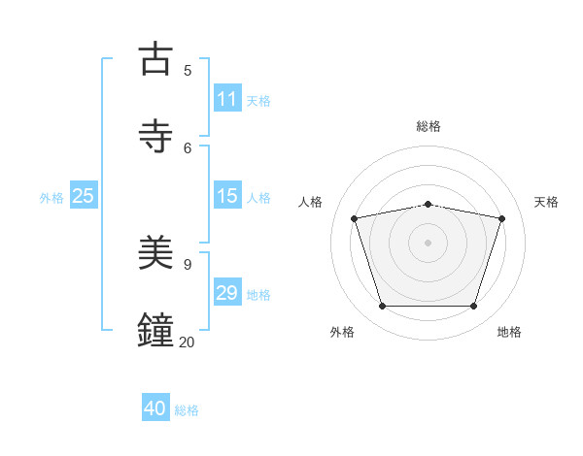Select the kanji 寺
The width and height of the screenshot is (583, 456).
coord(156,135)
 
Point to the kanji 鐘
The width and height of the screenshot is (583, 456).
coord(156,329)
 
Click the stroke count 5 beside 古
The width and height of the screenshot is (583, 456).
coord(188,70)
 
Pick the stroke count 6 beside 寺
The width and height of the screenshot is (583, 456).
coord(188,147)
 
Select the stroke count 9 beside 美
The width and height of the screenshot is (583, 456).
coord(188,264)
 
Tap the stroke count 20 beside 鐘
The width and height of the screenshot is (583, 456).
coord(188,342)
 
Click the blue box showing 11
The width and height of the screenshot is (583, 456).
coord(226,99)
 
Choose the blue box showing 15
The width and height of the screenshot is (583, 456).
coord(226,196)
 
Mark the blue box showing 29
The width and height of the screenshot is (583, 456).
coord(226,293)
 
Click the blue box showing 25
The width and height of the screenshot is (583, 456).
coord(83,196)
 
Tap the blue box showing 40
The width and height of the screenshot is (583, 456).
coord(155,408)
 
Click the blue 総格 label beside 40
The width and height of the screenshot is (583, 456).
coord(187,410)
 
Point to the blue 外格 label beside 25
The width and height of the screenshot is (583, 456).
coord(51,198)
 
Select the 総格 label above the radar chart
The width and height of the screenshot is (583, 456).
coord(429,126)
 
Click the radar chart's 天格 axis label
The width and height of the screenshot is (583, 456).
coord(546,202)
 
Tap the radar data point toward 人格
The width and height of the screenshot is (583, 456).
coord(355,218)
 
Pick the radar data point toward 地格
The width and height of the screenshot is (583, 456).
coord(473,306)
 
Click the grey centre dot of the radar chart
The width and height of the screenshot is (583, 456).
coord(429,243)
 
